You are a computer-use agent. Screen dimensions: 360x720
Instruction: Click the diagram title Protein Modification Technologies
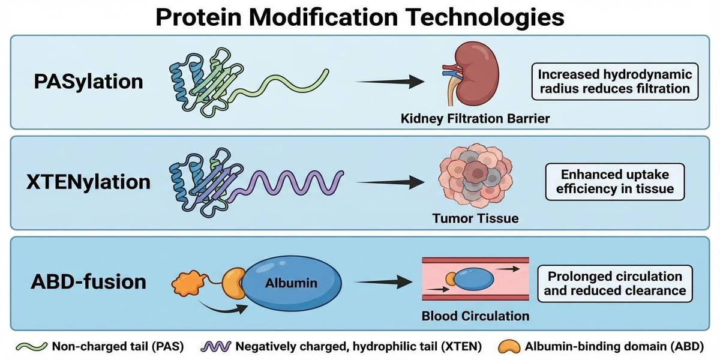(360, 17)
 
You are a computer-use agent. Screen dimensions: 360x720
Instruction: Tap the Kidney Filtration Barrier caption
(475, 119)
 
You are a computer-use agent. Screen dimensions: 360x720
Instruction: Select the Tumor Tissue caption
(475, 219)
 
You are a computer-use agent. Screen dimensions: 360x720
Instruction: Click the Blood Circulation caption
(475, 316)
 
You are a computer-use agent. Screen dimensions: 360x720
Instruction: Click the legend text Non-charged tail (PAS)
(118, 346)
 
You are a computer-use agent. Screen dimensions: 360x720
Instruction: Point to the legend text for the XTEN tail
(360, 346)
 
